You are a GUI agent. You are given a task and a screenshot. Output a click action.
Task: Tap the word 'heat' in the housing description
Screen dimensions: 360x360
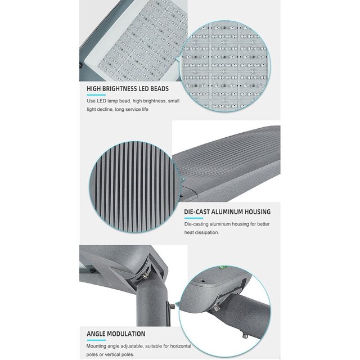190,232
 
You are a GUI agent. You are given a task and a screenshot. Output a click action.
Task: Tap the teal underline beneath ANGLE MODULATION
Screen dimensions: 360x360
95,340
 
